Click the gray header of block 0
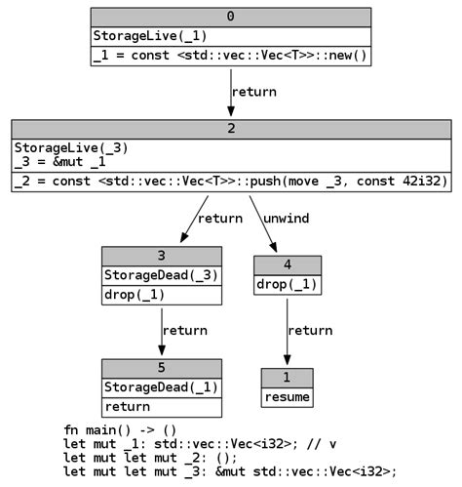point(230,17)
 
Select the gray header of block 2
point(230,129)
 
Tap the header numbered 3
point(161,256)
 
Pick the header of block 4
point(287,265)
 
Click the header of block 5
point(161,368)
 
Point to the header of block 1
point(287,378)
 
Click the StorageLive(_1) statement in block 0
point(150,36)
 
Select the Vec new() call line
point(230,56)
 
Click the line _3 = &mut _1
point(60,162)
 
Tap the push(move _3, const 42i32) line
point(230,183)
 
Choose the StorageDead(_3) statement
point(161,275)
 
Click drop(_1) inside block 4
point(287,285)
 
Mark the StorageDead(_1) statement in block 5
point(161,387)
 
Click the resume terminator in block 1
point(287,397)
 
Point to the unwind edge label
point(286,219)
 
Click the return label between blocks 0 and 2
point(253,92)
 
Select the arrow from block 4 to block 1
point(287,332)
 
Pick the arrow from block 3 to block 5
point(161,331)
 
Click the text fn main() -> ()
point(120,430)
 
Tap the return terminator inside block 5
point(128,407)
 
